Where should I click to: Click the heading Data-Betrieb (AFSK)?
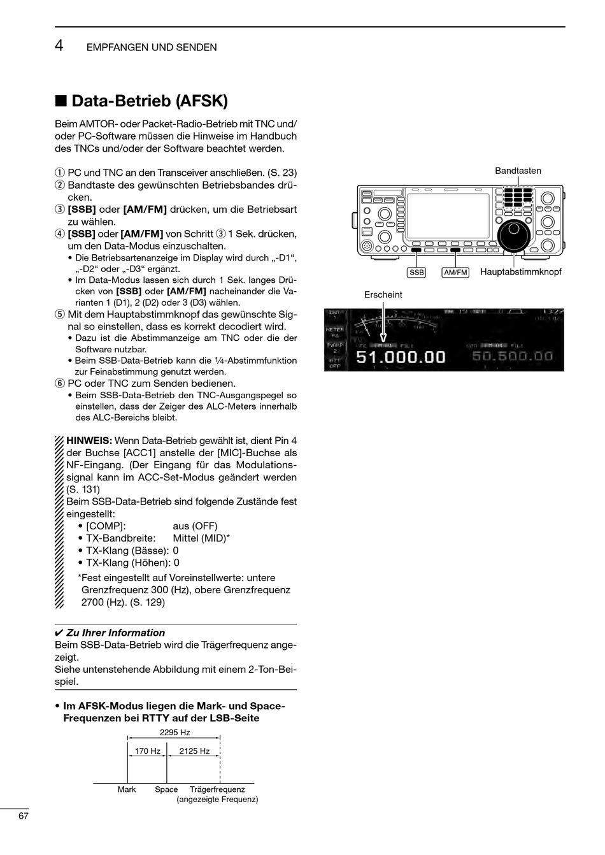(x=149, y=101)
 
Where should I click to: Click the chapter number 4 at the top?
(x=59, y=46)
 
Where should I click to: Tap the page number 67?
(x=24, y=816)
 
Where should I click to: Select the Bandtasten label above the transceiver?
(x=518, y=171)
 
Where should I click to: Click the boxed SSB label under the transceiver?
(x=416, y=273)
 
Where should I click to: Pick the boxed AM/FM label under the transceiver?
(x=455, y=273)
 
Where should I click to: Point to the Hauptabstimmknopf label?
(x=520, y=272)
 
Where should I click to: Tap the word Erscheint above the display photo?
(x=383, y=295)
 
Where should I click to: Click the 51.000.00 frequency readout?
(x=401, y=357)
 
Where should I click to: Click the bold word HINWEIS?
(x=89, y=441)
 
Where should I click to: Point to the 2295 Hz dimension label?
(x=174, y=733)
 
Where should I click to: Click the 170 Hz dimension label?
(x=147, y=751)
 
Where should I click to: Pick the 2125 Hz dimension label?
(x=194, y=751)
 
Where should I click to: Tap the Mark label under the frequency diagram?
(x=127, y=789)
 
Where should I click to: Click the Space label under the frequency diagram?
(x=166, y=789)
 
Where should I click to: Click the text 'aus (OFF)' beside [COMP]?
(x=195, y=526)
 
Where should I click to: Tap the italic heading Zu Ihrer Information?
(x=115, y=633)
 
